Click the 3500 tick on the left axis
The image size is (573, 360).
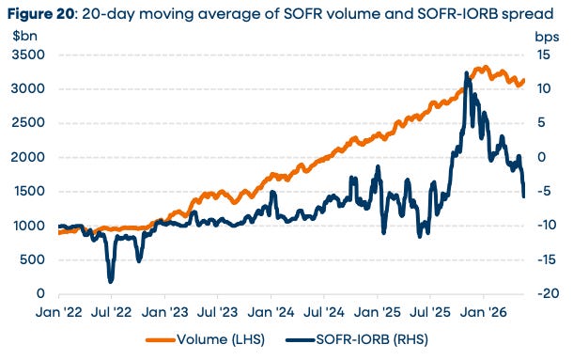(28, 55)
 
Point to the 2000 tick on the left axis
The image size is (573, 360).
(28, 157)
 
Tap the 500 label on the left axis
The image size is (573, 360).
(33, 259)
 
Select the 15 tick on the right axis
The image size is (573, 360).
(543, 55)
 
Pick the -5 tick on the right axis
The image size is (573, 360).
(545, 191)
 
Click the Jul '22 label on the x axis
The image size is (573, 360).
(111, 312)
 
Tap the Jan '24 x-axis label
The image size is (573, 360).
(271, 312)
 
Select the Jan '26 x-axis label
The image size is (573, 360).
(484, 312)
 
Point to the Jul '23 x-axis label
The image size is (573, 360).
(217, 312)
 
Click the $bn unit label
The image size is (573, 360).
(24, 37)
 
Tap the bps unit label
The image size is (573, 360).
(547, 37)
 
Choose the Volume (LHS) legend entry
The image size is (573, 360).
(206, 339)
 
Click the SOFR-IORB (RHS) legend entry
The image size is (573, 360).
(357, 339)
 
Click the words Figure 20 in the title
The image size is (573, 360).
(41, 15)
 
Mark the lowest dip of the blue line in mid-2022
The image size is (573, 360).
(111, 281)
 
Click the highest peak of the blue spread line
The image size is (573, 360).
(466, 73)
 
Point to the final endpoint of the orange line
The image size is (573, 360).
(523, 81)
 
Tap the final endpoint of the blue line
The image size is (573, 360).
(523, 196)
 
